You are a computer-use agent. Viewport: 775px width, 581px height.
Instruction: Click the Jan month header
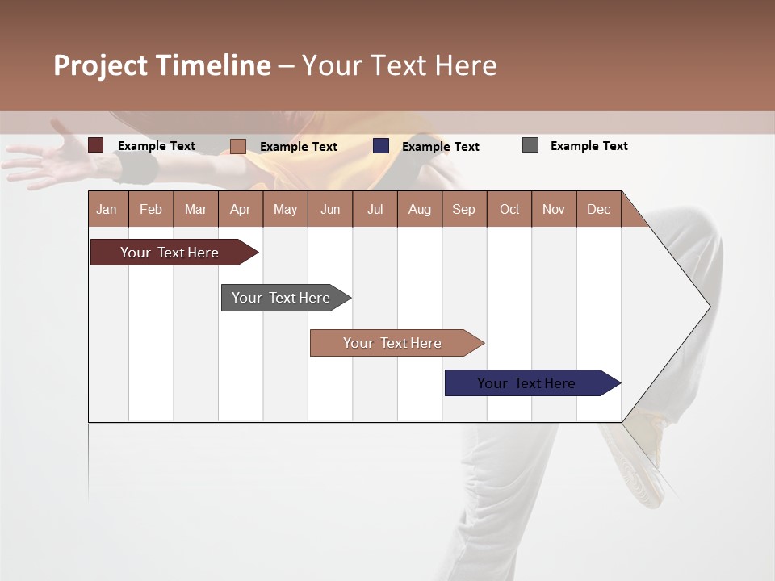[x=107, y=209]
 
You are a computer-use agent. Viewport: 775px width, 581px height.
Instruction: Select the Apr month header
[x=240, y=209]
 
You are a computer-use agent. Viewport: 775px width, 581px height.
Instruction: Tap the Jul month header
[x=375, y=209]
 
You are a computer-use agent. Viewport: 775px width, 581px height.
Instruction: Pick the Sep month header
[x=463, y=209]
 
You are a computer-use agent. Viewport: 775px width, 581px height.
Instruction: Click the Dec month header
[x=598, y=209]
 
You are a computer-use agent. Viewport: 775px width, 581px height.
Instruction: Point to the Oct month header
[x=509, y=209]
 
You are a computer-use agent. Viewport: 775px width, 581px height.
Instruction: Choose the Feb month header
[x=151, y=209]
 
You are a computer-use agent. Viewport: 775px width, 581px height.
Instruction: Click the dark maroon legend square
[x=96, y=145]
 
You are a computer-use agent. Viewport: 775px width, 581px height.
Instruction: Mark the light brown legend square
[x=238, y=146]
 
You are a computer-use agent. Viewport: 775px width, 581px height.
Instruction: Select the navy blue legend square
[x=381, y=146]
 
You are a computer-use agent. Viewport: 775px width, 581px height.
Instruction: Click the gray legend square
[x=530, y=145]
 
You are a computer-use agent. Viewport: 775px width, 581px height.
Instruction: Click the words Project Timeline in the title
[x=162, y=65]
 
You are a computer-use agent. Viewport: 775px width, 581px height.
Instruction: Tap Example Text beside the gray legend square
[x=589, y=146]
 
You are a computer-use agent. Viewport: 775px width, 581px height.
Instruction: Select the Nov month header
[x=554, y=209]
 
